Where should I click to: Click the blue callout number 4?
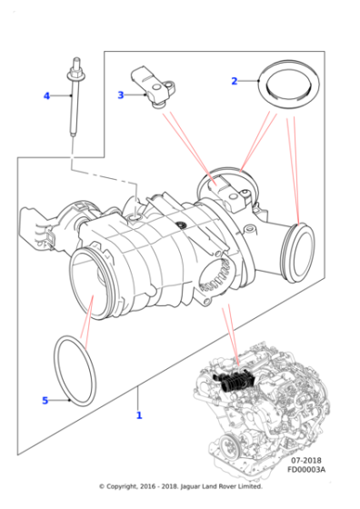(x=46, y=95)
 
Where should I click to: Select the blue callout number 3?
(x=121, y=94)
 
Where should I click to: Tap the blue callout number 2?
(x=234, y=81)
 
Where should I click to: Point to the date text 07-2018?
(x=308, y=462)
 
